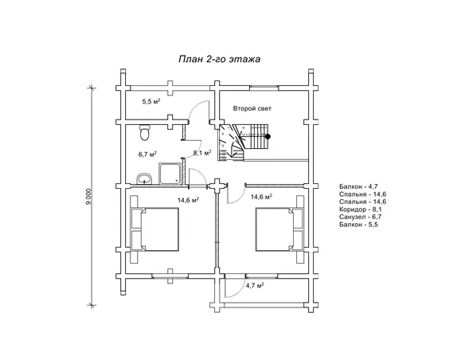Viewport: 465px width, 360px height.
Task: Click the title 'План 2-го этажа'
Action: tap(220, 59)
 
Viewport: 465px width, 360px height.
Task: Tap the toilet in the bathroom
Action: tap(145, 132)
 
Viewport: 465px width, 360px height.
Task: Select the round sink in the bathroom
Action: tap(144, 179)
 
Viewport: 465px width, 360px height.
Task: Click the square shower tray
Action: tap(170, 174)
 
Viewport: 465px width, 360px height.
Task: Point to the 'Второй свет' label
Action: tap(252, 108)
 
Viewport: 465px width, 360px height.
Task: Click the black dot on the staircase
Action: tap(268, 137)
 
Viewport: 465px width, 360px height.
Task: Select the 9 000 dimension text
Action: tap(88, 196)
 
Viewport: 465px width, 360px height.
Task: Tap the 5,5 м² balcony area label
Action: tap(151, 102)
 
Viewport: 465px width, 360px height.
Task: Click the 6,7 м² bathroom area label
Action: tap(147, 155)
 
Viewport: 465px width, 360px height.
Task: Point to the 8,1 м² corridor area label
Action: tap(202, 153)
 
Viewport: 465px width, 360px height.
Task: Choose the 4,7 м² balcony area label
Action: tap(255, 286)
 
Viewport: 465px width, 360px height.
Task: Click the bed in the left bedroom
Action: tap(154, 229)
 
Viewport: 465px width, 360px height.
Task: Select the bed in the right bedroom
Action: tap(280, 229)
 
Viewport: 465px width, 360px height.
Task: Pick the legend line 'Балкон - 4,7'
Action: tap(358, 186)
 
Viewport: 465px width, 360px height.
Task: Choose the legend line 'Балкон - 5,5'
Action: tap(358, 225)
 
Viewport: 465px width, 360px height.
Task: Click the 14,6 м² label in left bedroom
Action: tap(188, 200)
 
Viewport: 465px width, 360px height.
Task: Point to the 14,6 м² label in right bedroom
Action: tap(261, 197)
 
